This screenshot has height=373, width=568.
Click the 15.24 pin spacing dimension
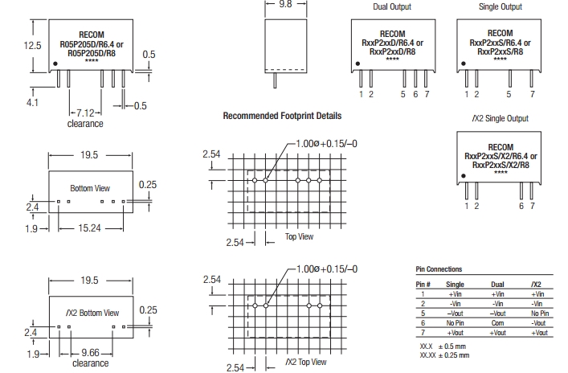90,228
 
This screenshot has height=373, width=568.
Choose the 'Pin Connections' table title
439,269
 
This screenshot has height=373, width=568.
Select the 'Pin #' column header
423,285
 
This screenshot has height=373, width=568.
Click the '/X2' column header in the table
537,285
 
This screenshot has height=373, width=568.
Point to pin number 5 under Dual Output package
403,95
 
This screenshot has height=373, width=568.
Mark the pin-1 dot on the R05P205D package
55,62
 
